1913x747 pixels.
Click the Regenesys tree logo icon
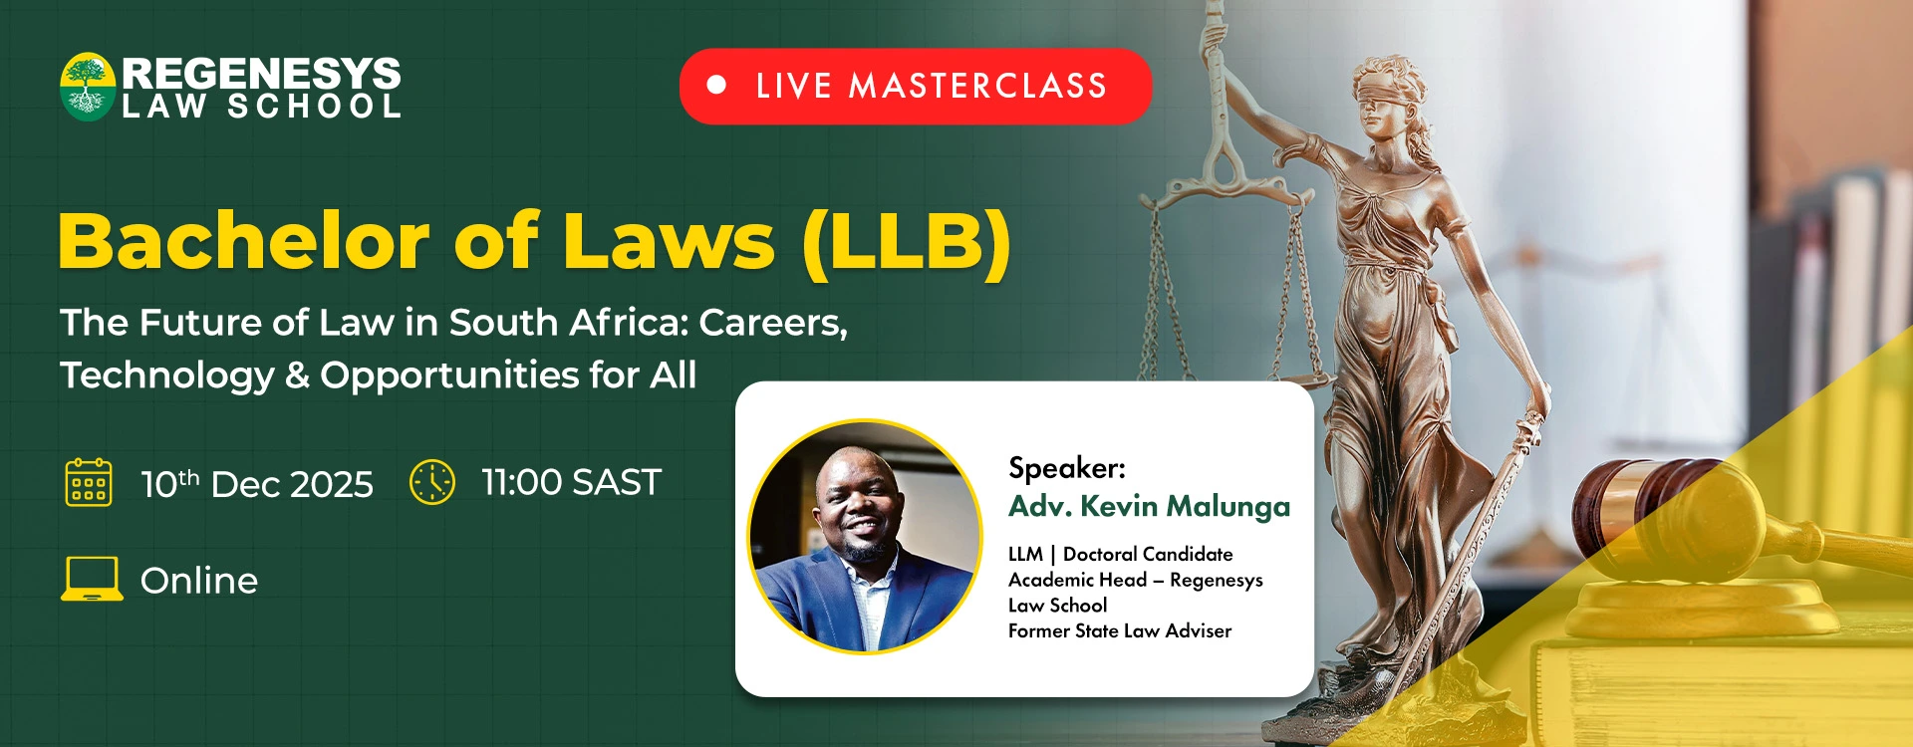coord(88,87)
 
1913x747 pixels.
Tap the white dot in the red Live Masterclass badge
coord(716,86)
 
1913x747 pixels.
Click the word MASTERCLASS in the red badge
coord(977,86)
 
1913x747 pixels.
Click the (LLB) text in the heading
coord(907,242)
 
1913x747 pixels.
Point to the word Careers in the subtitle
coord(773,323)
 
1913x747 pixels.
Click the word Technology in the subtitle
coord(167,375)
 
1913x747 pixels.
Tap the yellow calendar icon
coord(89,482)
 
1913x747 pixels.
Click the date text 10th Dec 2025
coord(257,484)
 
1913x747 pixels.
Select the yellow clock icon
coord(432,482)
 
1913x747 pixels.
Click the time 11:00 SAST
coord(571,482)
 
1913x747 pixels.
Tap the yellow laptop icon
coord(92,579)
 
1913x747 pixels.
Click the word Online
coord(199,581)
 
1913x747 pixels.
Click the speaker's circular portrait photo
coord(864,537)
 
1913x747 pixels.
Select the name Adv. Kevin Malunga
coord(1149,507)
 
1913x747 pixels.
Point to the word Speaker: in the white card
coord(1067,468)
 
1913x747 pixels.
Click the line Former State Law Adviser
coord(1120,630)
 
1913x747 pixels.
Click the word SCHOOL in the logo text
coord(314,107)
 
